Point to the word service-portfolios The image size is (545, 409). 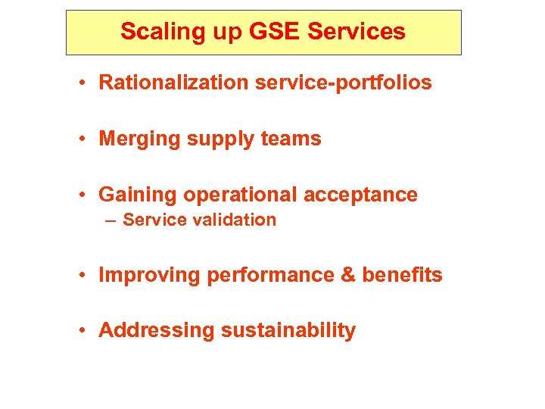point(344,83)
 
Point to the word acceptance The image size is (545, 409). point(360,195)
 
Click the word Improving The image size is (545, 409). point(149,276)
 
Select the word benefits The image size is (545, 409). point(402,276)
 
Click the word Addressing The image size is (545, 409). point(157,331)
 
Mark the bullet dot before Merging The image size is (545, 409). point(88,139)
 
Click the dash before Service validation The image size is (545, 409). point(111,220)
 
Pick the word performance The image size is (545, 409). point(269,276)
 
